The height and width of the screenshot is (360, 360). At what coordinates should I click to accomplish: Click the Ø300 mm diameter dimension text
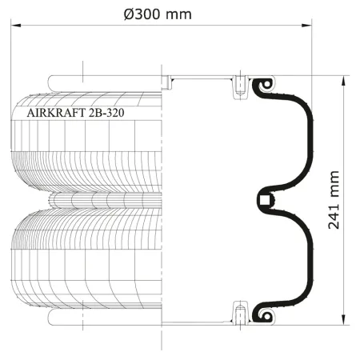(158, 14)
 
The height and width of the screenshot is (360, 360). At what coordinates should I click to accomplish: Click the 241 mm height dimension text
(334, 200)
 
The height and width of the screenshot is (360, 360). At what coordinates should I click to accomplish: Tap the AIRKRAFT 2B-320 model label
(75, 113)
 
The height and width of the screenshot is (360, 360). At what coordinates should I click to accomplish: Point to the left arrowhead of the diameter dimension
(16, 26)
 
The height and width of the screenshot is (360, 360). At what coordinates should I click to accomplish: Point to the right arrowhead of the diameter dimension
(306, 26)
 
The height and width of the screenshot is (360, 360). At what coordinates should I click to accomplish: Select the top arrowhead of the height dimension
(344, 81)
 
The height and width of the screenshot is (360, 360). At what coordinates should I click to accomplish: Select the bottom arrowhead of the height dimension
(344, 320)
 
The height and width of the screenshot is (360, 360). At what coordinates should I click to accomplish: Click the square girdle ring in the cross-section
(266, 200)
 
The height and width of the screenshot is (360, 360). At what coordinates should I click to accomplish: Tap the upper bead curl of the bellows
(266, 84)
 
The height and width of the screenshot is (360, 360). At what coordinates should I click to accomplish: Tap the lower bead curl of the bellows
(266, 315)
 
